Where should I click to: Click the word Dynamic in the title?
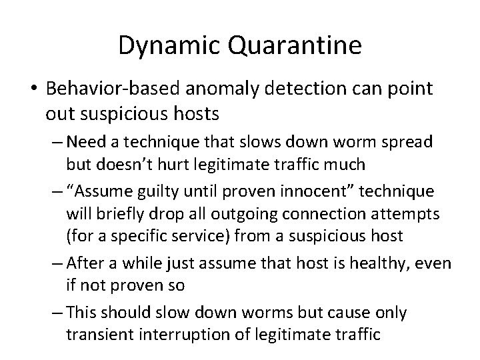coord(163,45)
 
